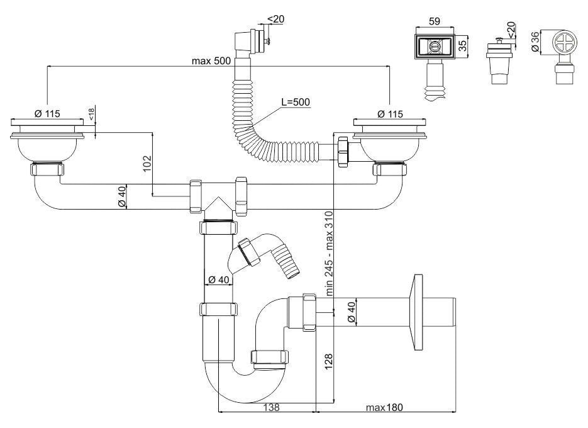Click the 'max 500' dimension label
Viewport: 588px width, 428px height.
click(212, 61)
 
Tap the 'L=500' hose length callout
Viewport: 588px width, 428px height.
click(296, 102)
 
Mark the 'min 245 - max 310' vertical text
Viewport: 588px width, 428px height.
click(328, 252)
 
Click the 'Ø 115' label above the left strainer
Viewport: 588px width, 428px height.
click(47, 114)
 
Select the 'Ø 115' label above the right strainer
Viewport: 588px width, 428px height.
click(391, 114)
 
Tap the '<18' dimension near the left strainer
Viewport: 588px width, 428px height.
click(92, 114)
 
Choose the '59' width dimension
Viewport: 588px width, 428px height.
click(434, 21)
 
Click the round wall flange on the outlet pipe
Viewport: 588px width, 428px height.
click(416, 312)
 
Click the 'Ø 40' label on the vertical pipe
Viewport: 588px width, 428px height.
click(218, 279)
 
